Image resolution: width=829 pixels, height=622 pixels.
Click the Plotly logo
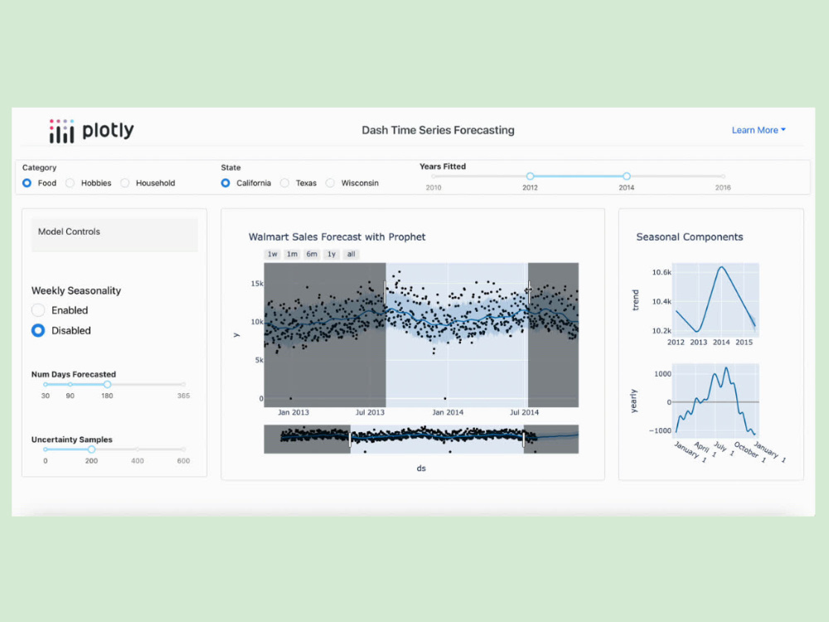pos(91,131)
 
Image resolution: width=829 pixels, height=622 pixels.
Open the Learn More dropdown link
pos(759,130)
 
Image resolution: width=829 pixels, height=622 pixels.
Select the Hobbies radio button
pos(70,183)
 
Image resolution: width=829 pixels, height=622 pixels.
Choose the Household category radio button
pos(125,183)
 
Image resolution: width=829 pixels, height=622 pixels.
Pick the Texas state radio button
pos(285,183)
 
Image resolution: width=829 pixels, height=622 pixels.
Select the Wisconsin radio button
pos(331,183)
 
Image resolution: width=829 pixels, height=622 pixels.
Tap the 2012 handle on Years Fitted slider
pos(530,176)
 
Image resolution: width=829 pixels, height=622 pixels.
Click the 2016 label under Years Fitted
pos(723,187)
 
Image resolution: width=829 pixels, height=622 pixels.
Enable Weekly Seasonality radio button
pos(38,310)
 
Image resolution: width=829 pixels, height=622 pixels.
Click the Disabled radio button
pos(38,331)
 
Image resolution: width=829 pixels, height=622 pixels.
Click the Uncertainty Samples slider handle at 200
pos(91,449)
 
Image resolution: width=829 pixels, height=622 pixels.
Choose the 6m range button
pos(312,254)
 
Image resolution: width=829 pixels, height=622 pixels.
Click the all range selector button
pos(351,254)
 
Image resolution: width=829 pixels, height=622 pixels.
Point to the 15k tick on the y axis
pos(257,284)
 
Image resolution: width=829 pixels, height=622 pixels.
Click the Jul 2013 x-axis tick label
pos(370,412)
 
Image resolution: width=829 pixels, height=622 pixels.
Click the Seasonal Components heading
pos(690,237)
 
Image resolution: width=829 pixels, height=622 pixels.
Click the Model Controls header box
pos(114,235)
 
